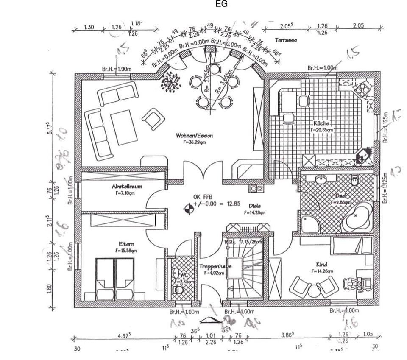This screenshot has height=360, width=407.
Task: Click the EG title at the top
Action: [221, 4]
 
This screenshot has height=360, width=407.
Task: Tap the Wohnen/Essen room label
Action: [194, 136]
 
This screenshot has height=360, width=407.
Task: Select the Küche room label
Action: [321, 123]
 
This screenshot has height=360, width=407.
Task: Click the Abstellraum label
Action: [127, 186]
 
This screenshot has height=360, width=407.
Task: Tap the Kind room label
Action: [321, 264]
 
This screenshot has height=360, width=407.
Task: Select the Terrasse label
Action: [286, 40]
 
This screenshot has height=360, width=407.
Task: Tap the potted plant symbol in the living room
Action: [170, 81]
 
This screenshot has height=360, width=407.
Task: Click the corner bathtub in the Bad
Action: [357, 217]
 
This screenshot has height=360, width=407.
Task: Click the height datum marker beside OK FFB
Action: [188, 208]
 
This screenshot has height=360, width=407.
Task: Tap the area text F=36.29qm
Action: [194, 142]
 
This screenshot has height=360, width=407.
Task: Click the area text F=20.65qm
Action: [321, 130]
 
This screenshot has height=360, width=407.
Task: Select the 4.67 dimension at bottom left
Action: [124, 335]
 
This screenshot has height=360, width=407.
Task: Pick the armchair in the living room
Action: [153, 118]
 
